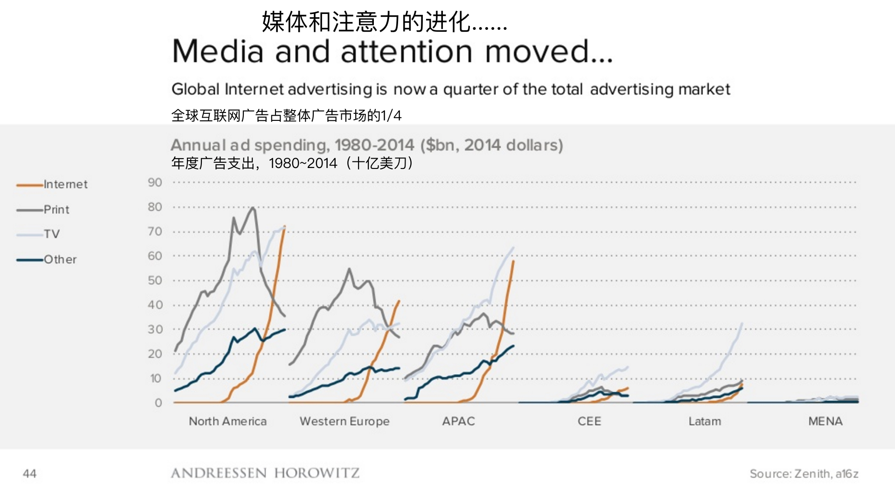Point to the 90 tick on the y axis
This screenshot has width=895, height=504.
tap(155, 183)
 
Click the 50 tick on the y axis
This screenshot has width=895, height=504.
tap(155, 281)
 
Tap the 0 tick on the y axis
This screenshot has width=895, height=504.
tap(158, 403)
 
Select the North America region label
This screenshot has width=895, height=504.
tap(227, 421)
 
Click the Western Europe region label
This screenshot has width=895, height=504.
tap(344, 421)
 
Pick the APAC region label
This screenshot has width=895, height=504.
tap(458, 421)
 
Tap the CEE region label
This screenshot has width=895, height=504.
tap(589, 421)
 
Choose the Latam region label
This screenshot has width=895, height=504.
tap(704, 421)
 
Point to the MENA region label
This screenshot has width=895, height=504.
tap(825, 421)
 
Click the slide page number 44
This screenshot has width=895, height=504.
tap(29, 474)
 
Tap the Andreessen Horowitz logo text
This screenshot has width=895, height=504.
tap(265, 473)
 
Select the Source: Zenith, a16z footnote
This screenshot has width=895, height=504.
tap(804, 474)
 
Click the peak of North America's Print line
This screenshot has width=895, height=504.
tap(253, 208)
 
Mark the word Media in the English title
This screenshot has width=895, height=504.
tap(218, 51)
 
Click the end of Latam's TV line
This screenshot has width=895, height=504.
tap(742, 323)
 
